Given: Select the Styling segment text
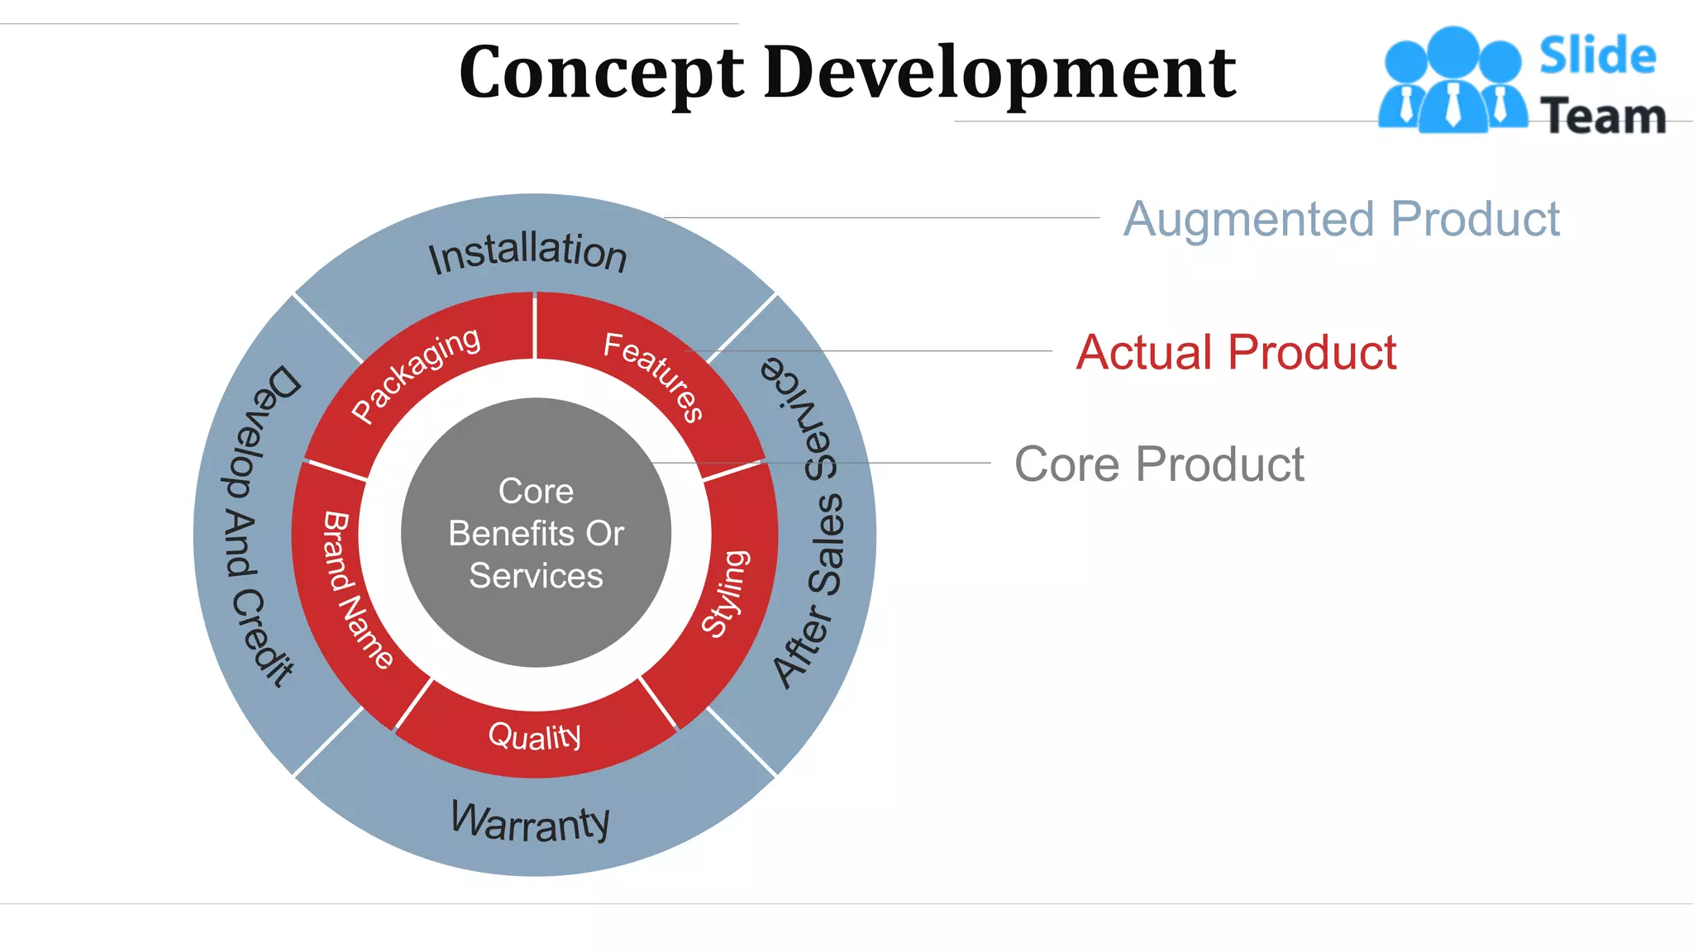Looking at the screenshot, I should pyautogui.click(x=726, y=593).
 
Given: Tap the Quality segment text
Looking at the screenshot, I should pyautogui.click(x=535, y=735).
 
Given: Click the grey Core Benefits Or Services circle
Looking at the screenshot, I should pyautogui.click(x=536, y=532).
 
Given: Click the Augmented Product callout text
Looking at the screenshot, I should pyautogui.click(x=1341, y=219).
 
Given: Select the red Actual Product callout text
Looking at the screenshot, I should pyautogui.click(x=1236, y=352).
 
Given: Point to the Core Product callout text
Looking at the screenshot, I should pyautogui.click(x=1159, y=464).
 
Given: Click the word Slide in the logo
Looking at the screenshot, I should pyautogui.click(x=1597, y=56).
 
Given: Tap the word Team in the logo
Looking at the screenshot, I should pyautogui.click(x=1603, y=116).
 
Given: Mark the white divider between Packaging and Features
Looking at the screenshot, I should pyautogui.click(x=535, y=326).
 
